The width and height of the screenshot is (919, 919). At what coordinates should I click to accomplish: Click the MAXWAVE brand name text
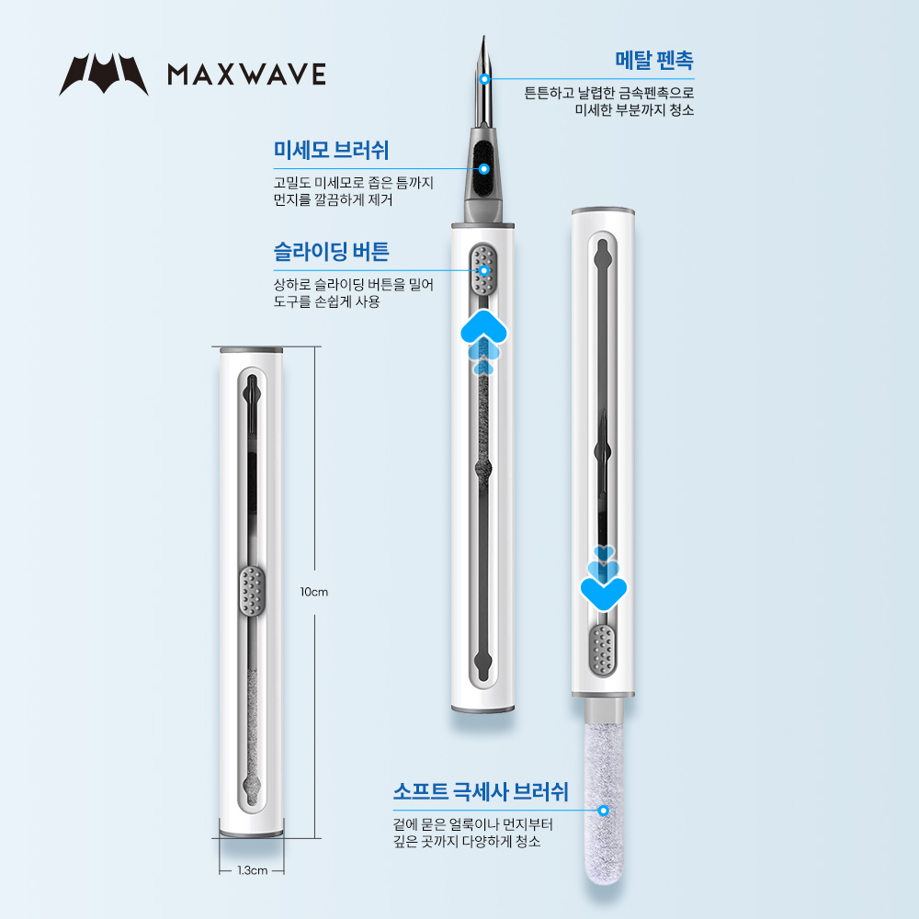pos(246,74)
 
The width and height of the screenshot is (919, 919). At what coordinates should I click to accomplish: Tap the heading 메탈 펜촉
pos(654,61)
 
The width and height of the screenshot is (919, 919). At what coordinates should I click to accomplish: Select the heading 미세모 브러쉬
pos(331,150)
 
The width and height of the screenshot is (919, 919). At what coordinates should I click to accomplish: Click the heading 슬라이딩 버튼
pos(331,252)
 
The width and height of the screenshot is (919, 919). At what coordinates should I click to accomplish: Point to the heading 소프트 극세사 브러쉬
pos(481,792)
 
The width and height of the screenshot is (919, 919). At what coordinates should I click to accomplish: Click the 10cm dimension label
pos(314,592)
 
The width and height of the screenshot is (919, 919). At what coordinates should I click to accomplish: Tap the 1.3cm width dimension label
pos(253,870)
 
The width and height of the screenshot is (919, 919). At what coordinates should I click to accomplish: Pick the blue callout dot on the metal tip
pos(484,78)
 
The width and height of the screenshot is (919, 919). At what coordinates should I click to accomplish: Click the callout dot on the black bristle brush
pos(484,169)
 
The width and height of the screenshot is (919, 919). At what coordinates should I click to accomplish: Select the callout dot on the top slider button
pos(484,270)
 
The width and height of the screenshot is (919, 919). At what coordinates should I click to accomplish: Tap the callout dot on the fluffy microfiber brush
pos(603,811)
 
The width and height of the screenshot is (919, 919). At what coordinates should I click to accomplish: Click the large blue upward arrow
pos(483,328)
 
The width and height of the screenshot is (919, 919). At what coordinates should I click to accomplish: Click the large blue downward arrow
pos(604,592)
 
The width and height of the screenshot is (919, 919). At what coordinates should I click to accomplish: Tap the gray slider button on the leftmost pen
pos(252,591)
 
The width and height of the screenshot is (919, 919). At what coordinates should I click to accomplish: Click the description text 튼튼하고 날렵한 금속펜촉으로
pos(609,93)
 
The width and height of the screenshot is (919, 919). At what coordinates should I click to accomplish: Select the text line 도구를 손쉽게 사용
pos(326,301)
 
